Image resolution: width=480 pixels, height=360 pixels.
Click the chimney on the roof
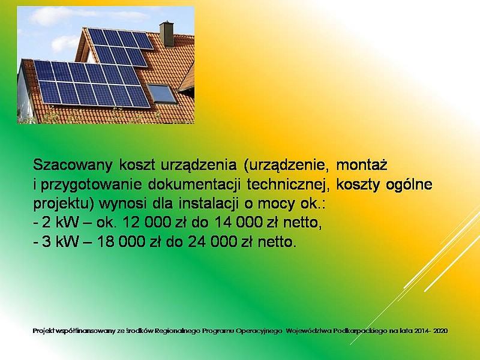pos(167,34)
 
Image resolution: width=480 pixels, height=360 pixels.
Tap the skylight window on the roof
pos(161,94)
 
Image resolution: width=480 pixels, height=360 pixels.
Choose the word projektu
pos(63,204)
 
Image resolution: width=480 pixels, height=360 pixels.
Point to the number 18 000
pos(121,242)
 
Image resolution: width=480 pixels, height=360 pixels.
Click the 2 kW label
pos(61,223)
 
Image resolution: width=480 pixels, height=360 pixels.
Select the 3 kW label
pos(61,242)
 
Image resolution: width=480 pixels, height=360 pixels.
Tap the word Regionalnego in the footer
pos(178,331)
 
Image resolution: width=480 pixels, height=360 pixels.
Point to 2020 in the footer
pos(441,331)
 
